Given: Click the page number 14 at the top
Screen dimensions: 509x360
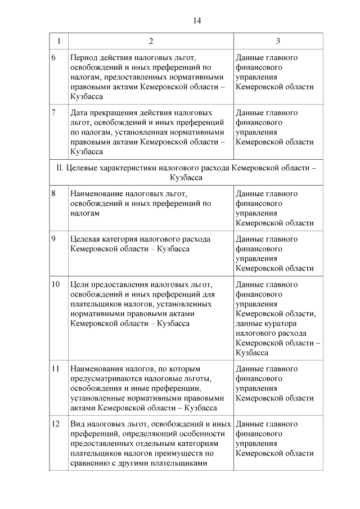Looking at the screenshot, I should click(197, 21).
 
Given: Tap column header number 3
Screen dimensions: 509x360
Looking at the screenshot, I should click(278, 41).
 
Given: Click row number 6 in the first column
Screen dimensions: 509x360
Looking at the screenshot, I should click(53, 57).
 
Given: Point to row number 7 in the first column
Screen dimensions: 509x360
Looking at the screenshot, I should click(53, 112).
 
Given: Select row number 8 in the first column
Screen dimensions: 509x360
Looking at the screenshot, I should click(53, 193).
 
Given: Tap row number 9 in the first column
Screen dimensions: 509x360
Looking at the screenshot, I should click(53, 239).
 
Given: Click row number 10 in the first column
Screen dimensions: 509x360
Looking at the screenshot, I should click(56, 284).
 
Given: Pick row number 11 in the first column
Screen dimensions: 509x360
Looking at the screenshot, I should click(56, 369).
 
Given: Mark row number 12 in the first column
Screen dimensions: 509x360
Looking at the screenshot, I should click(56, 424).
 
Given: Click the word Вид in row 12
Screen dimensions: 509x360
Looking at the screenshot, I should click(78, 424).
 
